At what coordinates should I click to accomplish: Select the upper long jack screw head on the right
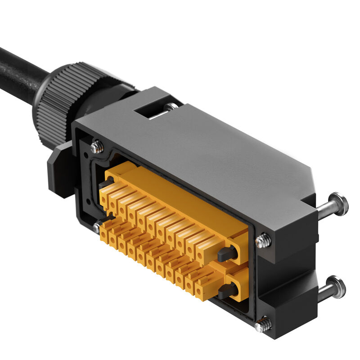(338, 204)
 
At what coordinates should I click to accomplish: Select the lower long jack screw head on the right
(336, 287)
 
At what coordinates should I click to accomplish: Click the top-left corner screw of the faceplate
(96, 147)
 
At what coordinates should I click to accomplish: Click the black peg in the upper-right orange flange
(227, 254)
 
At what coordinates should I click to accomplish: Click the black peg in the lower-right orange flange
(227, 290)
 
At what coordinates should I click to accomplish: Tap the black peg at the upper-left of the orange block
(104, 184)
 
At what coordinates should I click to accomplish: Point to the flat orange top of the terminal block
(180, 193)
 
